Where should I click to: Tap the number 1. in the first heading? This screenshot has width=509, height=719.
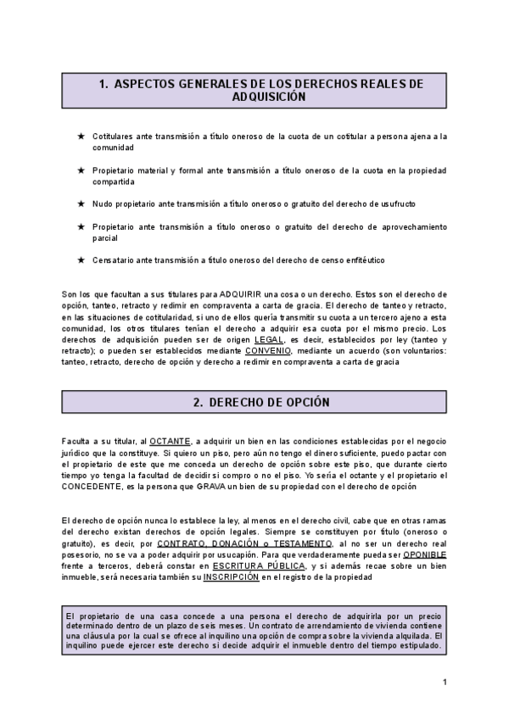tap(103, 84)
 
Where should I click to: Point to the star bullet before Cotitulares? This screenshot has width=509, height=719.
tap(80, 136)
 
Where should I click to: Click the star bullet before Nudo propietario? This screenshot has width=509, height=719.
tap(80, 204)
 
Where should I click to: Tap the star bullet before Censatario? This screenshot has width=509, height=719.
tap(80, 259)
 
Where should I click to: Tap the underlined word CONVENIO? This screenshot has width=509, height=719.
tap(267, 349)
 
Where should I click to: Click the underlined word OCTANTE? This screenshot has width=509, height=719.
tap(170, 441)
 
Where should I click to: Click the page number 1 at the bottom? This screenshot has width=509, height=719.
tap(445, 683)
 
